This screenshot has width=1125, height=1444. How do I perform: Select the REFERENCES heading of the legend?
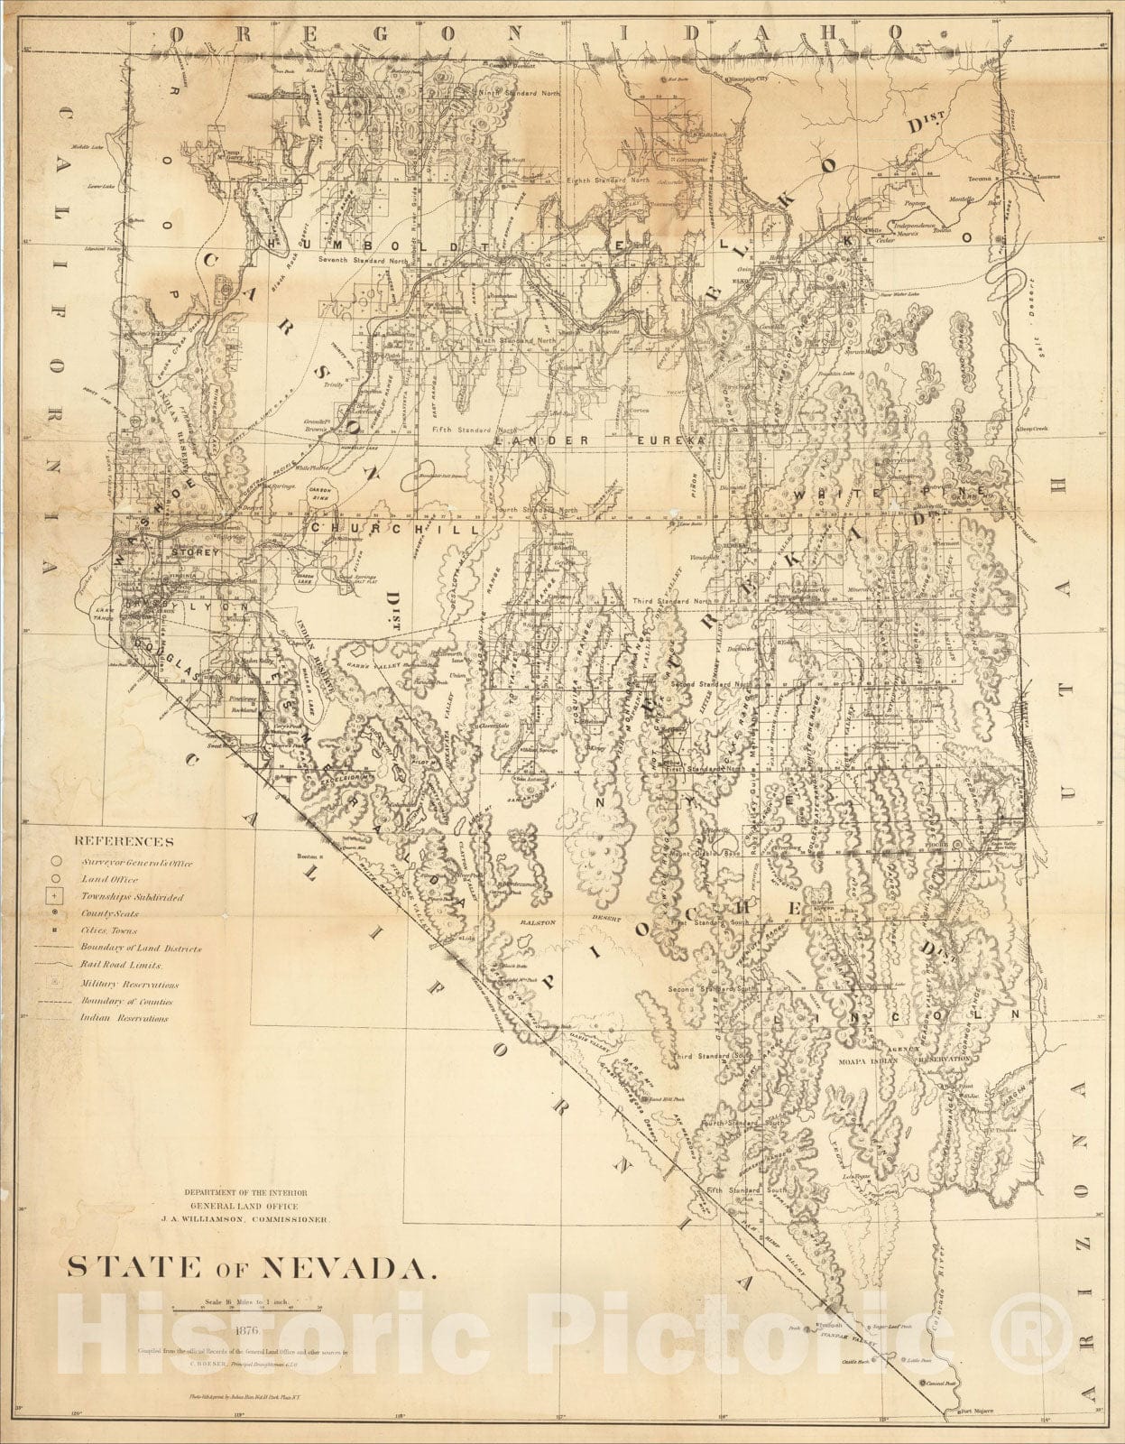126,842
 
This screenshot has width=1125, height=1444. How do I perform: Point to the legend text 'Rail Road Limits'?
121,966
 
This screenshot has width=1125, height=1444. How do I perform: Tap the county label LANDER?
531,440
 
